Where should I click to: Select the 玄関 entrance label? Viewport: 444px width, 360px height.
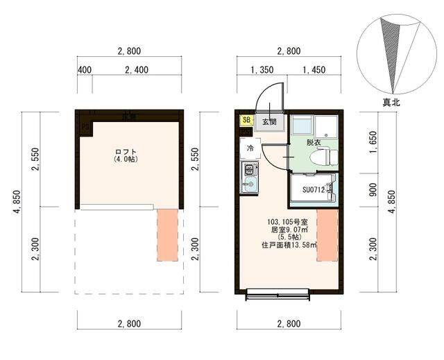tap(269, 122)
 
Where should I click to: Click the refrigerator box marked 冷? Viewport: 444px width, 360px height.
tap(249, 148)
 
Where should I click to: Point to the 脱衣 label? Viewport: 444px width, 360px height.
tap(313, 142)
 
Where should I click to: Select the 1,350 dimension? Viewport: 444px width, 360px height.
tap(260, 70)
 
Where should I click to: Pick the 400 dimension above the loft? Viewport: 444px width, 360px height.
tap(85, 70)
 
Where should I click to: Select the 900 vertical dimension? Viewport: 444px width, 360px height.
tap(373, 190)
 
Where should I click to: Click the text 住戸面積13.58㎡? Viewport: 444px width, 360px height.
tap(289, 245)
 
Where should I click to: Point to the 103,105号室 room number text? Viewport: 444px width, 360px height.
tap(289, 222)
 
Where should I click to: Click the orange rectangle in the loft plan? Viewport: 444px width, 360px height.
tap(167, 234)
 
